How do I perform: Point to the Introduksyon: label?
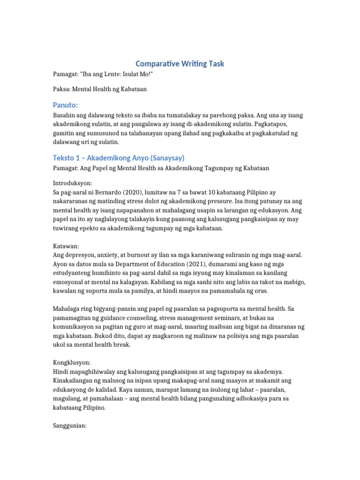pos(72,183)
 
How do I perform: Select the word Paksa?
pos(62,89)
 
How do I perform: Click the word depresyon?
pos(80,255)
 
